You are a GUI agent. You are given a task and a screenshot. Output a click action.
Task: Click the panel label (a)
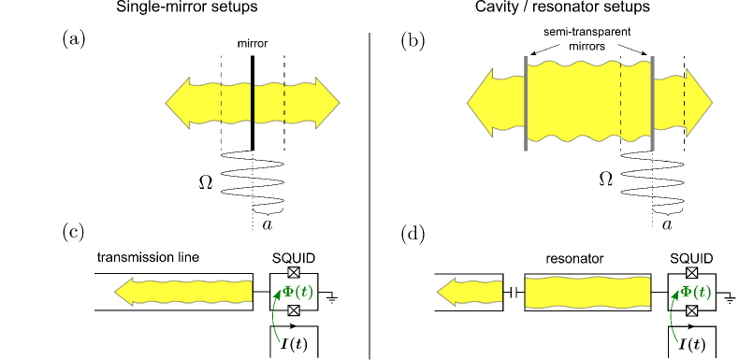[x=74, y=39]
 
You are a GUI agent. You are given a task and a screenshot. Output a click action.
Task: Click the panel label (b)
[x=413, y=39]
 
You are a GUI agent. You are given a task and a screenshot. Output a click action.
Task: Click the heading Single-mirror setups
[x=187, y=8]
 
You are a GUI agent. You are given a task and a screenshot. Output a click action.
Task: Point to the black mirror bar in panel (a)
[x=253, y=103]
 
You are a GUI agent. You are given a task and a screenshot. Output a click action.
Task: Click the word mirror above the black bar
[x=253, y=44]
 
